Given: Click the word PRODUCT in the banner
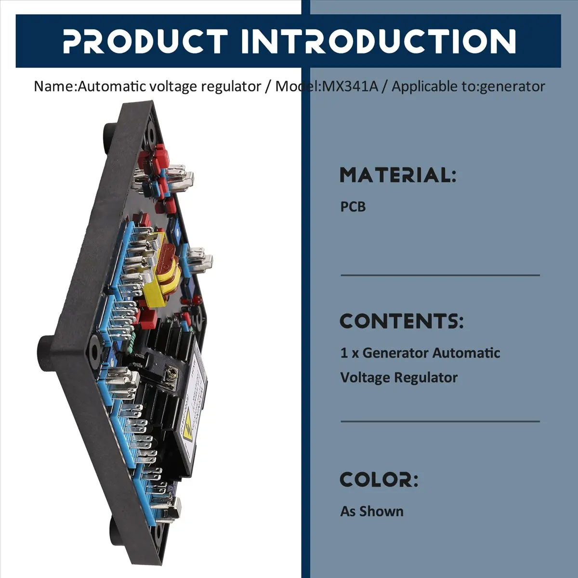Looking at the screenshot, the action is (145, 41).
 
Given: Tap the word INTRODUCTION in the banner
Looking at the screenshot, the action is (378, 41).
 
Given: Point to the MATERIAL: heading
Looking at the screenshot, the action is (398, 175).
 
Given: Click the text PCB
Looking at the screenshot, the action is (353, 207).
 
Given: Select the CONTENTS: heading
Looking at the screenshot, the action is (402, 321).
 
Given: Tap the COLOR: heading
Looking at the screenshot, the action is (379, 479).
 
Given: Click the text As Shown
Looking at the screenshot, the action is (372, 511).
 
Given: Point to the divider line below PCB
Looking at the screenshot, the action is (440, 276).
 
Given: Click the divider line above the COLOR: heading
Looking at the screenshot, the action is (440, 421).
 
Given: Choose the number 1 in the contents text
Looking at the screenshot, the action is (344, 353).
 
